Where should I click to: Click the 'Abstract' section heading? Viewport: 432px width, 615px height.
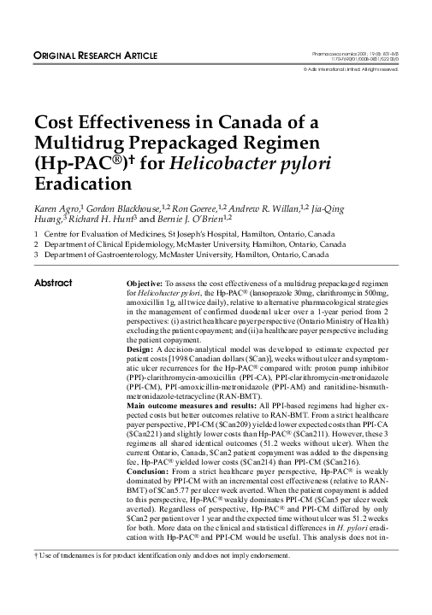[51, 283]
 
